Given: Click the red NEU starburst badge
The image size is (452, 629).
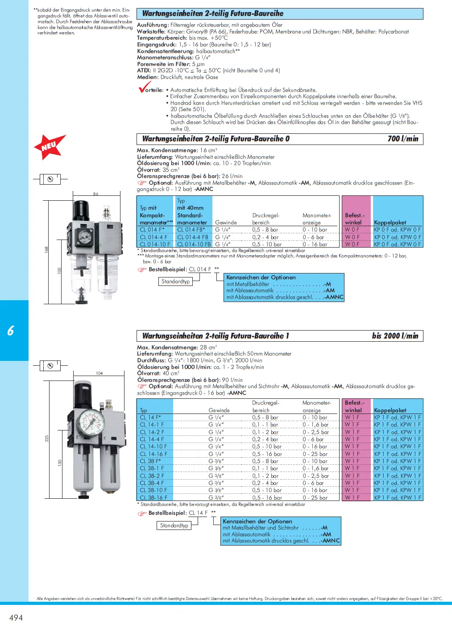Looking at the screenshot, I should (50, 146).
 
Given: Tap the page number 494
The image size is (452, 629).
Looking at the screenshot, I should (16, 617).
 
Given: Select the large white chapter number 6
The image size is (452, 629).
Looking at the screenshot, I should (11, 331).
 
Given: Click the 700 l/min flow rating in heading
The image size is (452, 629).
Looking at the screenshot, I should (403, 139).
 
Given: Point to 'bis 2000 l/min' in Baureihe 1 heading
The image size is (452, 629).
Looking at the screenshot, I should (395, 336).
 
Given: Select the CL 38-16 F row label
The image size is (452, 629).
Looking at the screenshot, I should (153, 497).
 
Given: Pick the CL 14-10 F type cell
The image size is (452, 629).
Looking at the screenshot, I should (153, 447).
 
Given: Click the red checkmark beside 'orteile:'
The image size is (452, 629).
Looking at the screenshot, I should (144, 87).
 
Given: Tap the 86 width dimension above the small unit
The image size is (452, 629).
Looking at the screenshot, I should (95, 194).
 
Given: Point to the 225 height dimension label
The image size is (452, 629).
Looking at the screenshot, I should (47, 439).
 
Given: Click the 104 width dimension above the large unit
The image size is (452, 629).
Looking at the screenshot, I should (99, 373).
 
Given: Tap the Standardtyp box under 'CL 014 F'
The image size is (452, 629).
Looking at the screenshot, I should (176, 281).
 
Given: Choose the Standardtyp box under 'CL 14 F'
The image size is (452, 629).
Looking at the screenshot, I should (174, 526).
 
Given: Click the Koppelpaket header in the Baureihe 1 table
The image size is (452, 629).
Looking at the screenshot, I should (390, 410).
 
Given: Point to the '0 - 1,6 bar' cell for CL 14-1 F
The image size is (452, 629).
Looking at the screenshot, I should (315, 425).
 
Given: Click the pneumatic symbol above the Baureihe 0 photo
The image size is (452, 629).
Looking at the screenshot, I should (50, 179).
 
